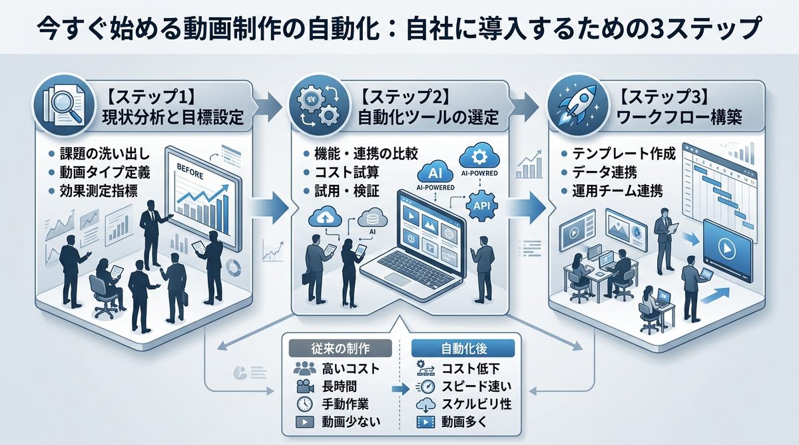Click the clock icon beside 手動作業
303,404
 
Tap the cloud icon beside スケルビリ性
423,404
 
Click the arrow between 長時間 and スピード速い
398,387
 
